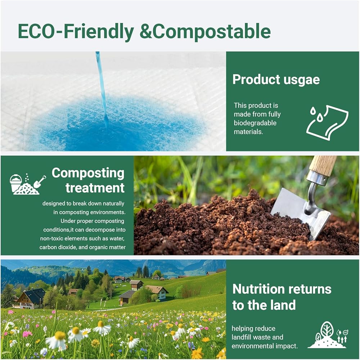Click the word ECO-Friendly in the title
76,31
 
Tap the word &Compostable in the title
205,31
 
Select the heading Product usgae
276,80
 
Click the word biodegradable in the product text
255,123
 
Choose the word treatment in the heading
95,188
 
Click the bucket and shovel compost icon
28,184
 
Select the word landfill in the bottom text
241,337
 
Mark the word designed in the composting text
54,204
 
